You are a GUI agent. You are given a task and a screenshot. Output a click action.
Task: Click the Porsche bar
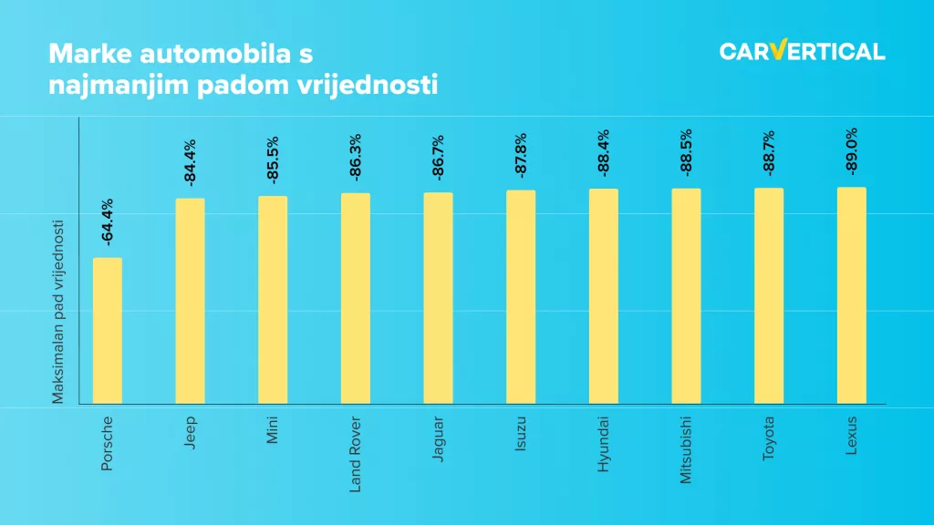pos(108,330)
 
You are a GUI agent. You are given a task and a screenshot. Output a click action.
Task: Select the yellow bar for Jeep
pos(190,301)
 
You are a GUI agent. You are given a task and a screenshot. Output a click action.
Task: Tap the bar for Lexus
pos(851,295)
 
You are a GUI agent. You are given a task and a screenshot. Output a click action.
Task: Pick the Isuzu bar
pos(521,296)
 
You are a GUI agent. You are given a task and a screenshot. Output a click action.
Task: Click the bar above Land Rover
pos(356,298)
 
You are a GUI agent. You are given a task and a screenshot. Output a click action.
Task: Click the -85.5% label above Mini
pos(273,160)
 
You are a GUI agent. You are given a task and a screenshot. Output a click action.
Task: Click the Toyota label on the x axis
pos(769,438)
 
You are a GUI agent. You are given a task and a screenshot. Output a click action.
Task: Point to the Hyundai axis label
pos(603,441)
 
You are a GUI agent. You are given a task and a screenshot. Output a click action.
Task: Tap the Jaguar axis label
pos(438,439)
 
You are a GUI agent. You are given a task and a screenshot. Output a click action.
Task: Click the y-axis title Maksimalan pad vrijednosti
pos(57,312)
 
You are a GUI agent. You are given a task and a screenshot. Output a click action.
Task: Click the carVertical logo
pos(802,51)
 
